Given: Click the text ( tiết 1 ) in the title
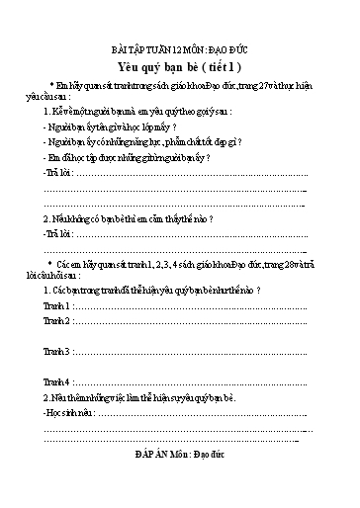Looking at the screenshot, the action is pos(220,66).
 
